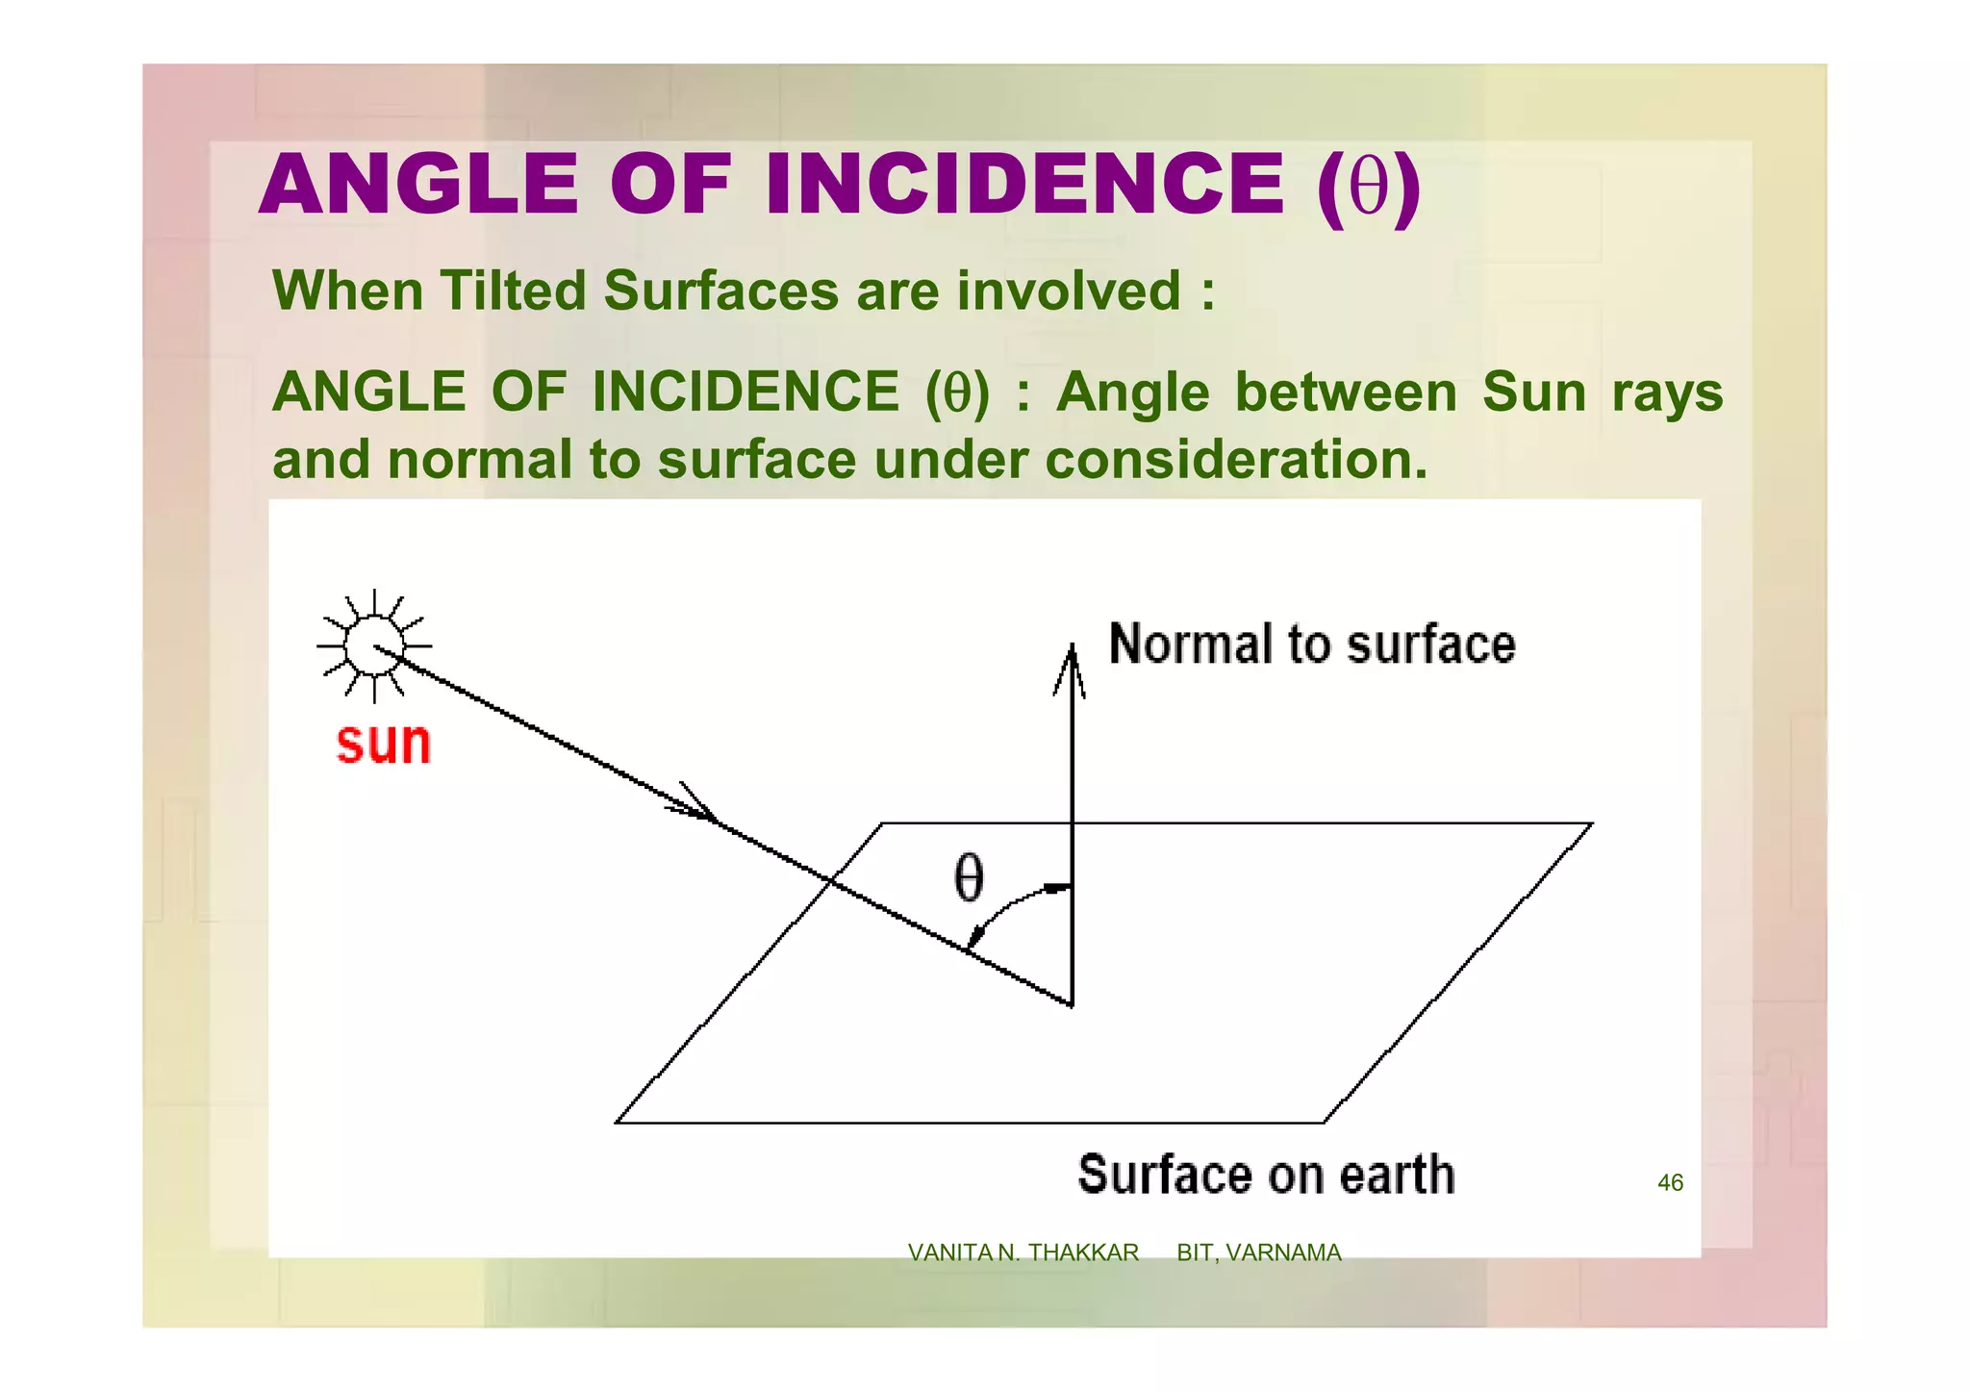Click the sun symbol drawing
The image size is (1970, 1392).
click(x=373, y=645)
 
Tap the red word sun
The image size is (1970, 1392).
click(x=384, y=743)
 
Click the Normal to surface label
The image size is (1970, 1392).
click(x=1312, y=644)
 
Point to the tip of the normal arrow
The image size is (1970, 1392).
click(x=1072, y=648)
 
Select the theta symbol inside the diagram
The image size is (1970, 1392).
click(x=969, y=877)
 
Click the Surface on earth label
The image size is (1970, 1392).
click(x=1266, y=1175)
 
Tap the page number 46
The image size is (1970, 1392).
click(x=1670, y=1182)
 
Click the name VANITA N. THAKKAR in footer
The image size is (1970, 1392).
click(x=1023, y=1253)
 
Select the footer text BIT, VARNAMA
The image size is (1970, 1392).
click(x=1258, y=1253)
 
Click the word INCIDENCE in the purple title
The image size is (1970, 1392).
click(x=1024, y=185)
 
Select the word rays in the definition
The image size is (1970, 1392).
click(x=1667, y=392)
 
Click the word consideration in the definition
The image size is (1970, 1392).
click(x=1235, y=459)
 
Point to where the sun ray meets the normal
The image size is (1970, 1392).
click(x=1072, y=1005)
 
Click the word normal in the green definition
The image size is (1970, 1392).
click(x=480, y=459)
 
